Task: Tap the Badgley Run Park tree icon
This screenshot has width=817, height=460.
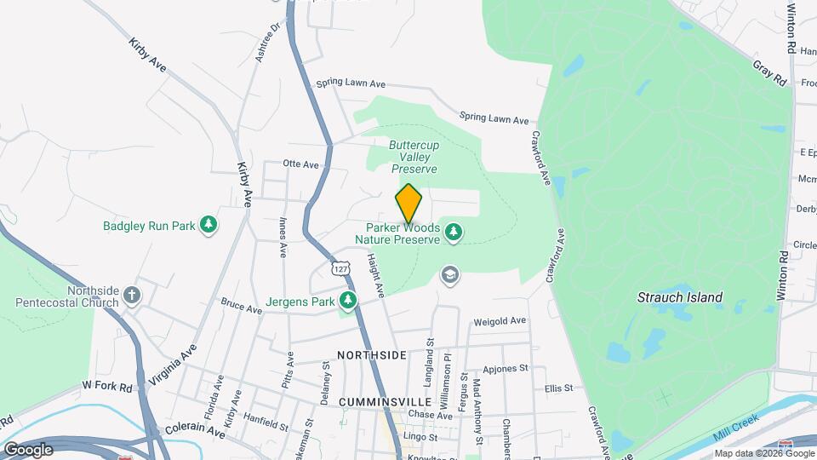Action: click(209, 225)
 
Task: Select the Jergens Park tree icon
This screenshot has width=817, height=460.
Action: click(347, 301)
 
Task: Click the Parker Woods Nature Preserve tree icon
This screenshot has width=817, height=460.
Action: click(454, 232)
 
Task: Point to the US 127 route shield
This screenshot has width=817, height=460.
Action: click(340, 268)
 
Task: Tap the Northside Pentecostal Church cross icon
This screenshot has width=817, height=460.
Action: click(131, 296)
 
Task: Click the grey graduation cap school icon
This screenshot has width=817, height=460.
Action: click(448, 274)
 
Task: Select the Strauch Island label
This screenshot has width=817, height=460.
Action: click(680, 297)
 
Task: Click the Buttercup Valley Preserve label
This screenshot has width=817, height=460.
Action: click(414, 157)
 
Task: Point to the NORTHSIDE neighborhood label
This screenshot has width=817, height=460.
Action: click(371, 354)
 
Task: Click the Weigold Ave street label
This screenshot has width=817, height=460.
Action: click(500, 321)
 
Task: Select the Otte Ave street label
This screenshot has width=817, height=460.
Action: click(300, 164)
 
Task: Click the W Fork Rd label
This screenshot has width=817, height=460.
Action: click(107, 386)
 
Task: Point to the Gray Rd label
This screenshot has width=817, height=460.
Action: click(769, 72)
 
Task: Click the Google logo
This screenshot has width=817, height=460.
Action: click(27, 449)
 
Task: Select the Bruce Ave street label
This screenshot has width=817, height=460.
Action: click(241, 305)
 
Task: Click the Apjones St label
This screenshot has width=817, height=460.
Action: click(506, 369)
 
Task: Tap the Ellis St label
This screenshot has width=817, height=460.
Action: click(560, 388)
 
